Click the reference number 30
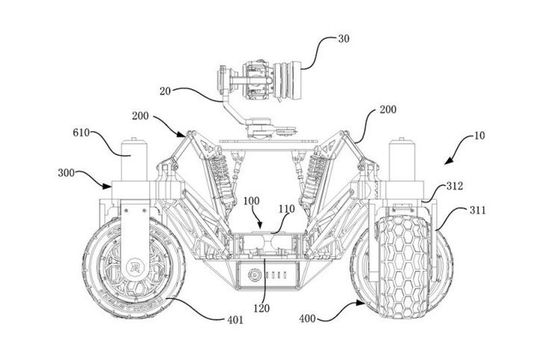[344, 39]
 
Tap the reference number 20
[165, 92]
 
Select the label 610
[81, 133]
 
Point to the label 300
[66, 173]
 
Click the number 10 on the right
[479, 135]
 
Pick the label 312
[454, 186]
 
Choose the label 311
[478, 210]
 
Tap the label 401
[235, 320]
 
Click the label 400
[308, 319]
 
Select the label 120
[261, 308]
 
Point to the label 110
[287, 209]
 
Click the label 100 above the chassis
[252, 201]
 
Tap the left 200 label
[140, 116]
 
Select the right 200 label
[387, 110]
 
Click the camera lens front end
[296, 80]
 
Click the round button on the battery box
[254, 275]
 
